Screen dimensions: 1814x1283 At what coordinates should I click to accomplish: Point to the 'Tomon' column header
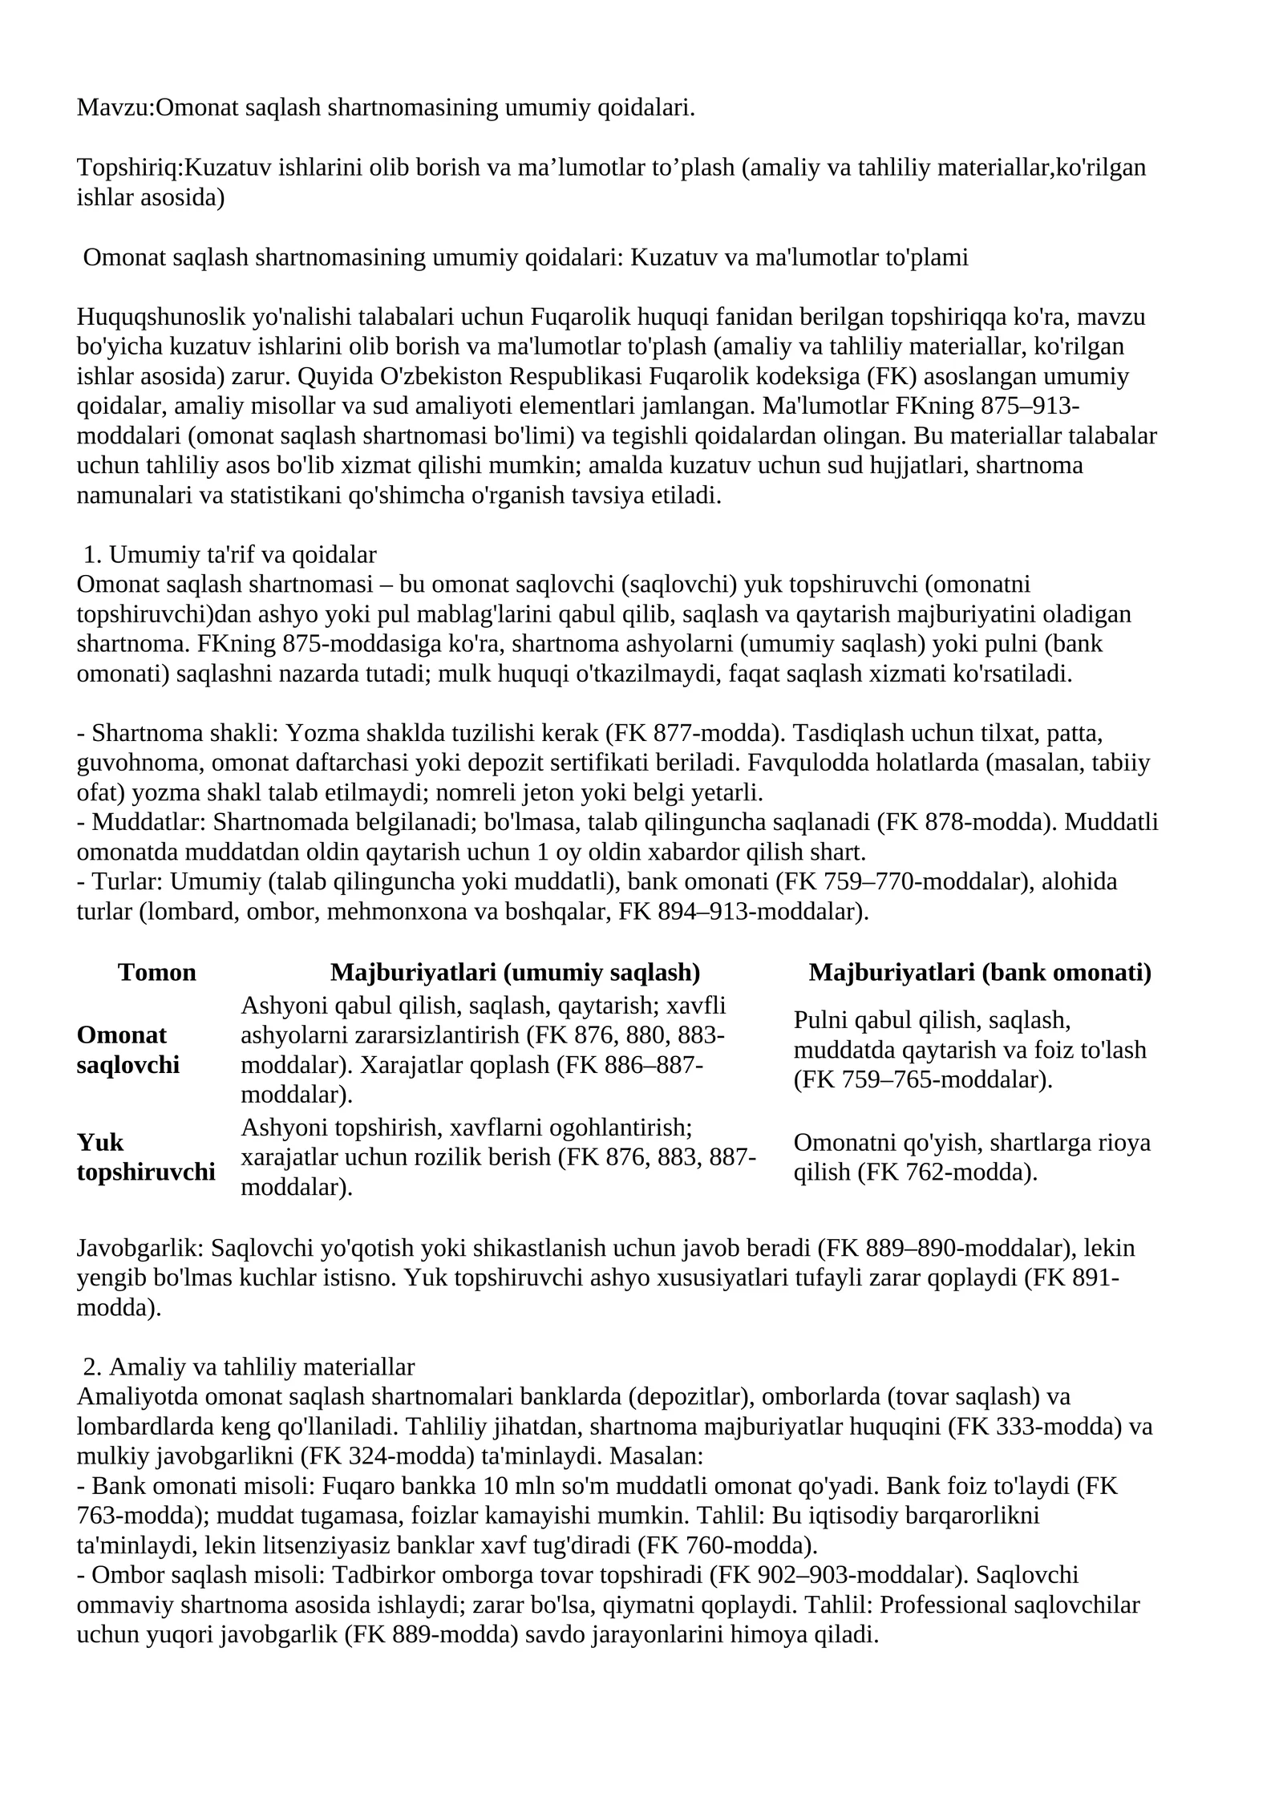click(x=156, y=972)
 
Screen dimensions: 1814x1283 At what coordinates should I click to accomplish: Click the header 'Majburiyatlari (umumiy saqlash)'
click(x=515, y=972)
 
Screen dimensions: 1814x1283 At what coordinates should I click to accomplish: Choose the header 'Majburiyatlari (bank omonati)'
click(x=979, y=972)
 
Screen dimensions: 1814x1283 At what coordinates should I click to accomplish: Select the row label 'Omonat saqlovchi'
click(x=128, y=1050)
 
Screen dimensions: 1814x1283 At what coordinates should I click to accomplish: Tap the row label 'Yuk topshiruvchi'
click(x=145, y=1156)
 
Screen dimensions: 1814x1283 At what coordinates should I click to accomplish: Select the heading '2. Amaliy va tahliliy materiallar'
click(x=249, y=1367)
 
